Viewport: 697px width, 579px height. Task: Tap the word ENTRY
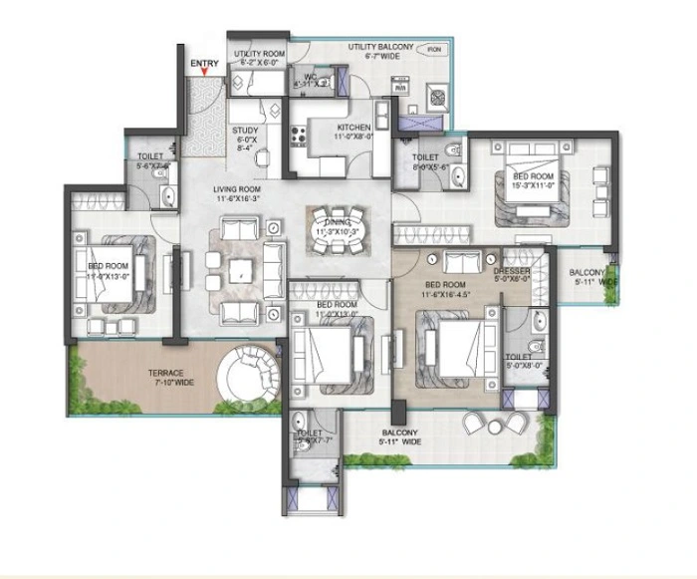pos(205,64)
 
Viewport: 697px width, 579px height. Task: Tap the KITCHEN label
pos(353,128)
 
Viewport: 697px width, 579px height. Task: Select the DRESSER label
pos(512,271)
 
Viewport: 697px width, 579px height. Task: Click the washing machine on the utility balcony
pos(438,97)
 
